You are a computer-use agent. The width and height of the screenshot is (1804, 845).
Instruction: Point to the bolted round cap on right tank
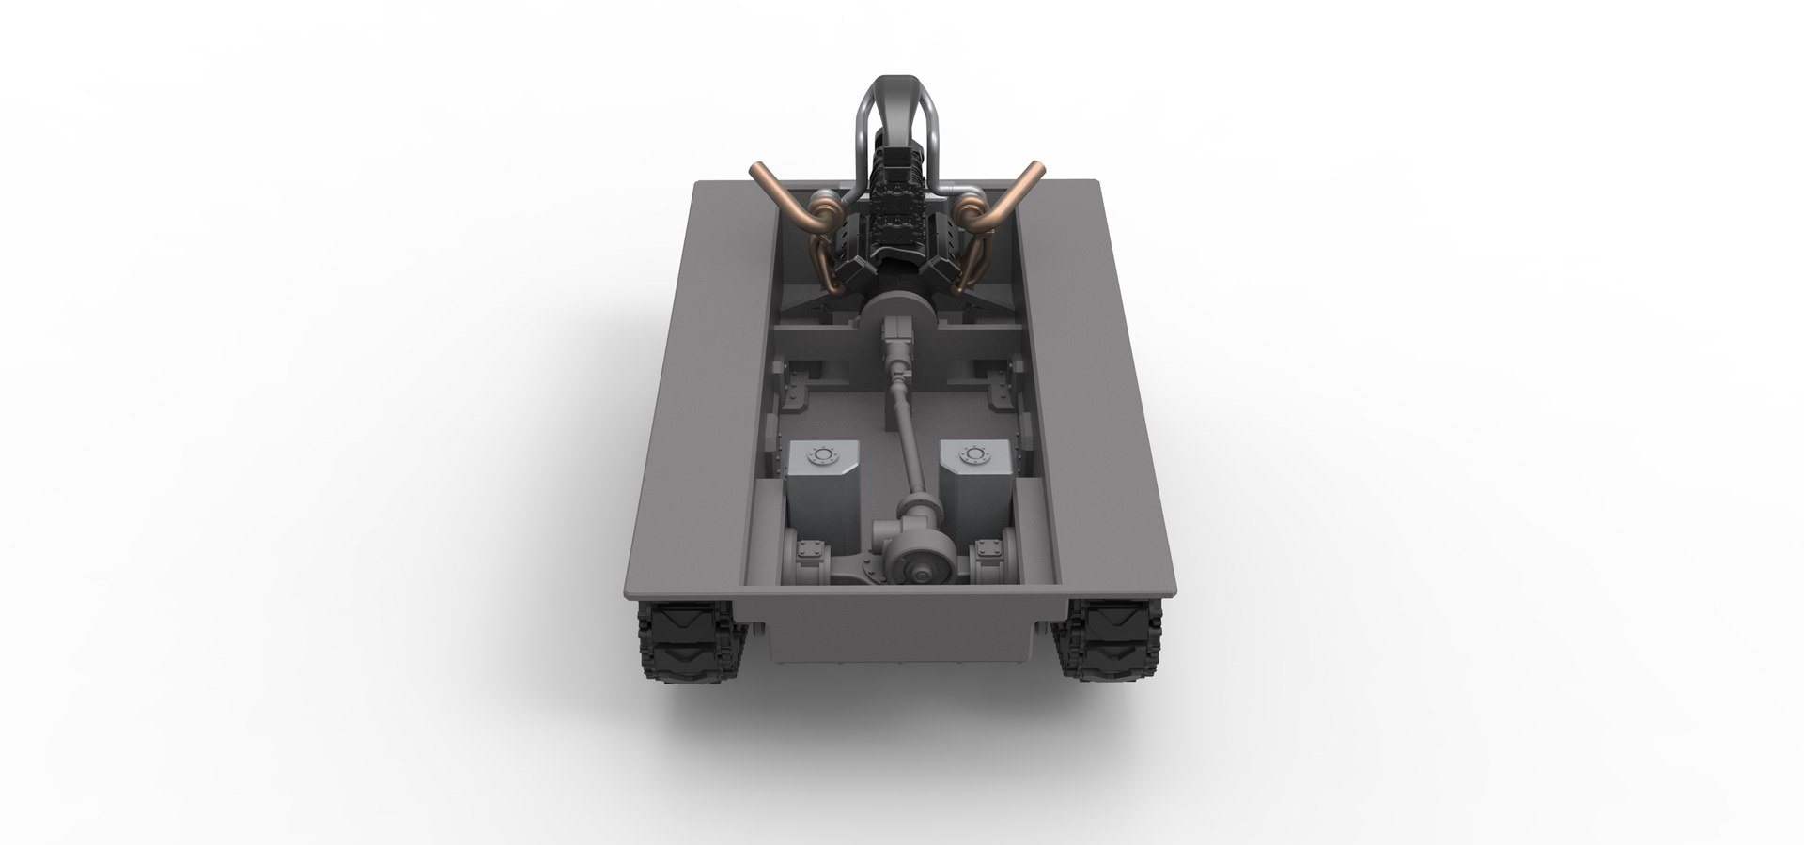pos(971,456)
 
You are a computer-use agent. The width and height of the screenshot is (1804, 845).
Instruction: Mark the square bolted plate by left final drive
pos(808,555)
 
